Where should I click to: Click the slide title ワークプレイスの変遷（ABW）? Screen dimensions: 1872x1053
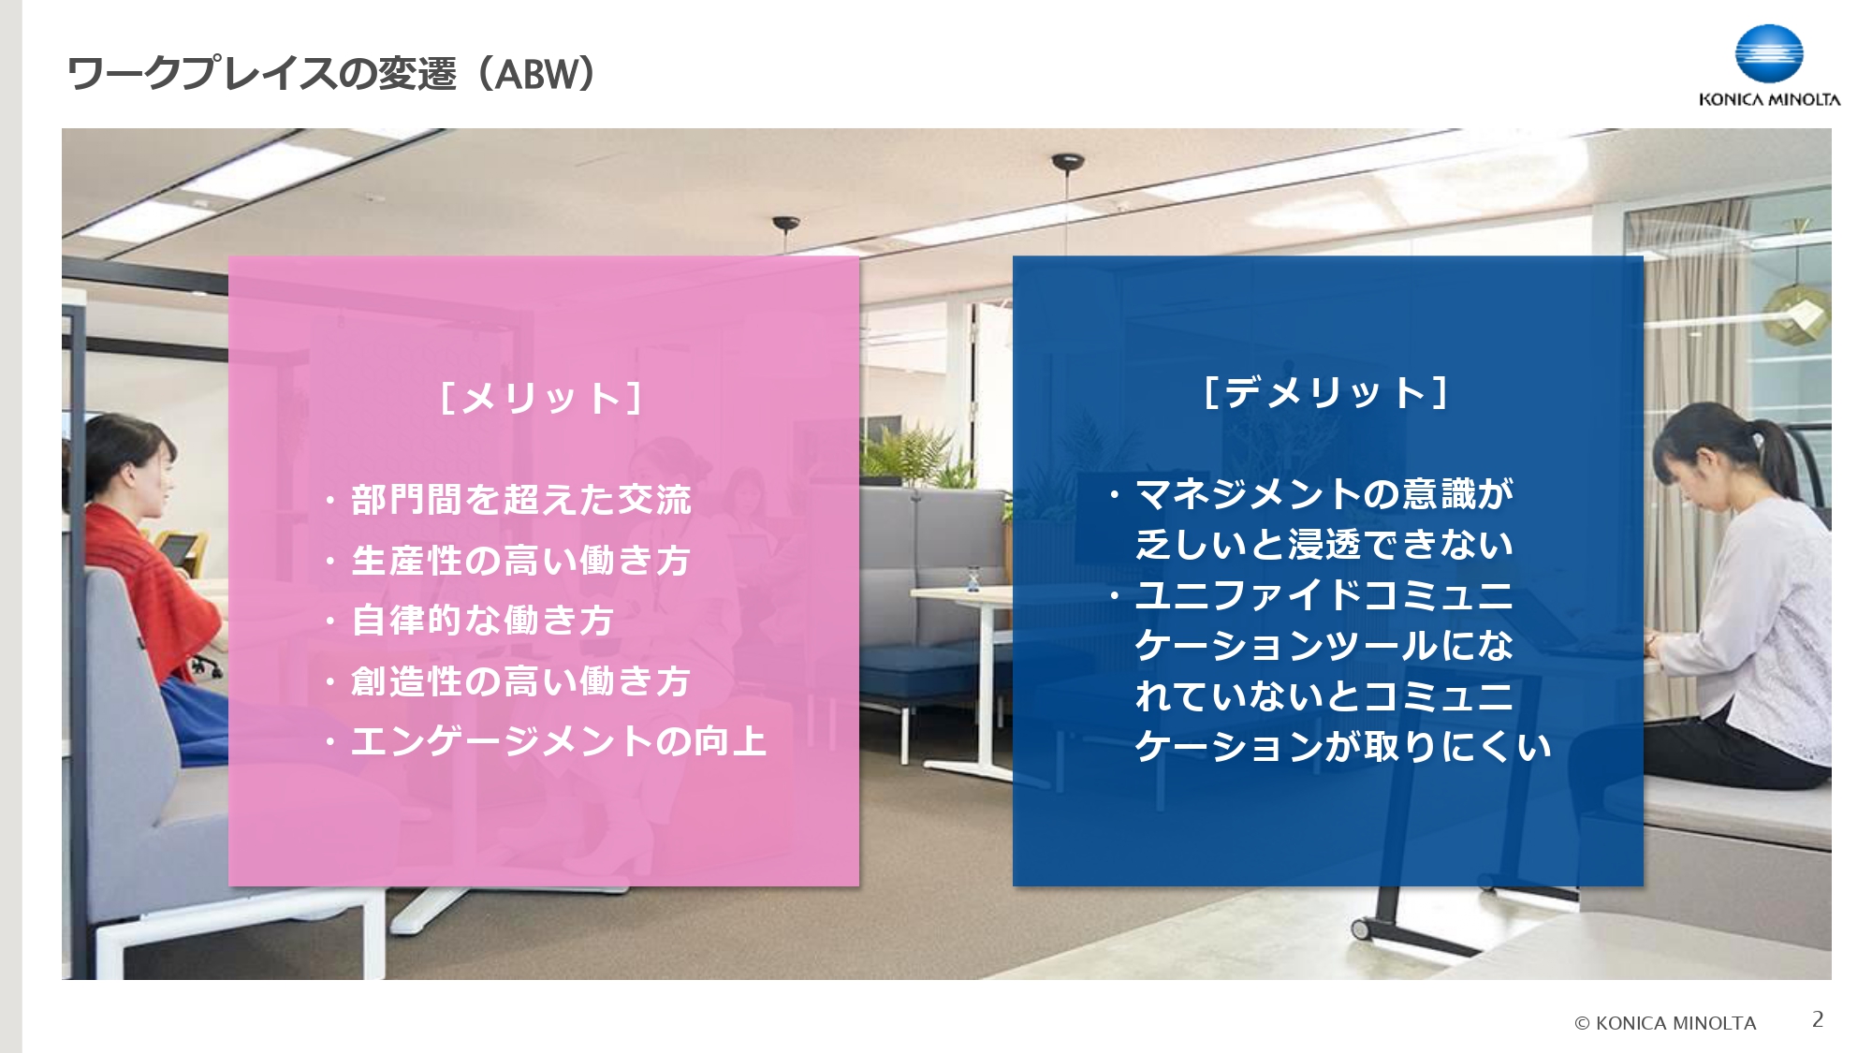pos(331,74)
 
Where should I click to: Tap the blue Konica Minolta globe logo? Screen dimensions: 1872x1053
pos(1768,53)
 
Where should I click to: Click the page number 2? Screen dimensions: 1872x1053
pos(1818,1019)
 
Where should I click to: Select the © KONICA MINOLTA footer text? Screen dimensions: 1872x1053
pos(1665,1023)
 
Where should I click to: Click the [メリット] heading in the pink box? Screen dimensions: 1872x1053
pos(541,398)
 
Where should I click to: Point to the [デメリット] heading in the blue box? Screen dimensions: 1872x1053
pos(1326,392)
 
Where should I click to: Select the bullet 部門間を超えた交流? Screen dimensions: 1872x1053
pos(520,500)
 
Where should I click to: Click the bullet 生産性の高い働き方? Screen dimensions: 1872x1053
pos(520,561)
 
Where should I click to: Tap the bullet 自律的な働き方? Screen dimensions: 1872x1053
pos(482,621)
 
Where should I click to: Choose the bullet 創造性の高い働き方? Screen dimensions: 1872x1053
pos(520,681)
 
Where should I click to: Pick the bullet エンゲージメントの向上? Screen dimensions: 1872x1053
pos(559,741)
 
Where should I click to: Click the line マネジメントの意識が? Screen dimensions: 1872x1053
pos(1324,494)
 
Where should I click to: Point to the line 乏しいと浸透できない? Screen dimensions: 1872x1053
pos(1324,545)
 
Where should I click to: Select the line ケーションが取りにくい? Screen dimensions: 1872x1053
pos(1343,747)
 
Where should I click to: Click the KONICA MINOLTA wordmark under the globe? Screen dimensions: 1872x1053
pos(1769,100)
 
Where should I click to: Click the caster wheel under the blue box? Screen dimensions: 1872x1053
pos(1361,929)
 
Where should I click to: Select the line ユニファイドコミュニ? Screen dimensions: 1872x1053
pos(1324,595)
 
